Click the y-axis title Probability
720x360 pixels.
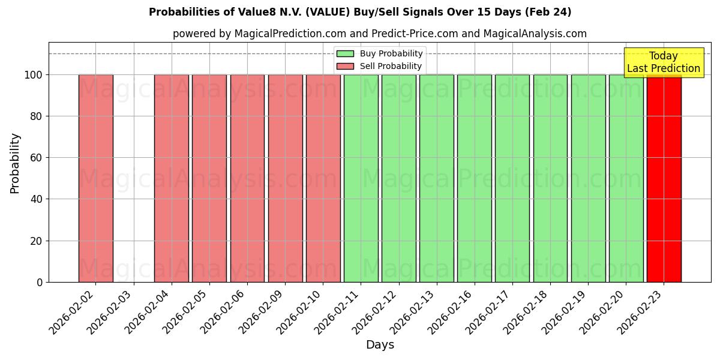click(15, 163)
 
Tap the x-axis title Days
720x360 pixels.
click(380, 345)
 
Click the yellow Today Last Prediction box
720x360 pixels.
click(664, 62)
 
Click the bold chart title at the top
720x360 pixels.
click(360, 12)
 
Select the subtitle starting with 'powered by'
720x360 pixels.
click(380, 34)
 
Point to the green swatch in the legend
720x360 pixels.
click(345, 54)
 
